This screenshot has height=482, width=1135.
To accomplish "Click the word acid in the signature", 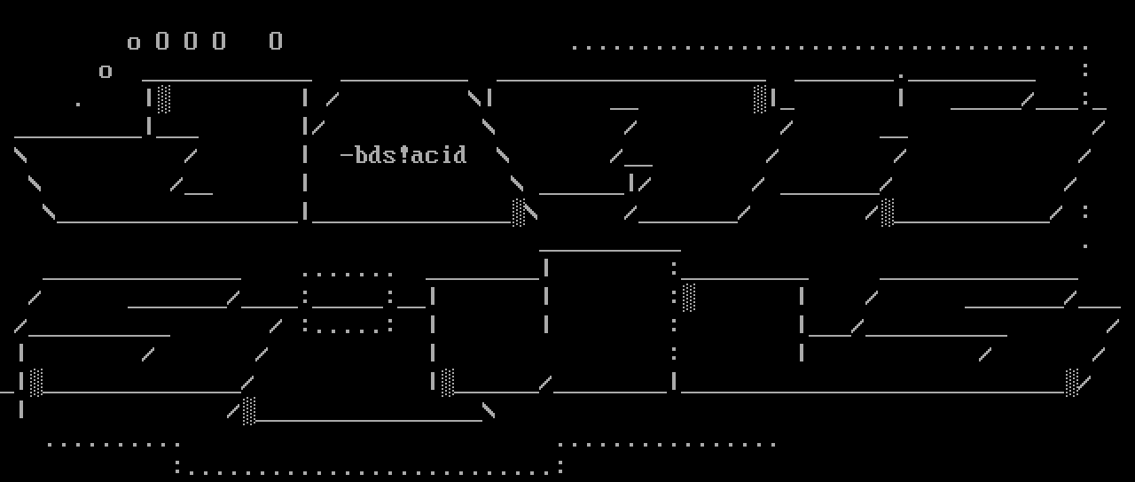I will (x=439, y=156).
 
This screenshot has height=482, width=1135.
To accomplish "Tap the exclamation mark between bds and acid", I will (x=404, y=156).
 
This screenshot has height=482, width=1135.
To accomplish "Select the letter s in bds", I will (x=390, y=156).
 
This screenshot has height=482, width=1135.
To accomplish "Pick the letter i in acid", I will (x=446, y=156).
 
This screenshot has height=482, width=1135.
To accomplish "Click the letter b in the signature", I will (x=361, y=156).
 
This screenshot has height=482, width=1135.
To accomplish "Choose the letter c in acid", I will (x=432, y=156).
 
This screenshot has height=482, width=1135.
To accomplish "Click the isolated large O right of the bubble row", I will (x=276, y=41).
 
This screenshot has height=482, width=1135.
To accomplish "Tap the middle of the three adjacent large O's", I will (x=191, y=41).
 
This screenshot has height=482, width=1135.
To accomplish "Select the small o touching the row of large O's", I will (x=134, y=43).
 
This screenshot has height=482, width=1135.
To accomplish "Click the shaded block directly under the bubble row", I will (x=163, y=97).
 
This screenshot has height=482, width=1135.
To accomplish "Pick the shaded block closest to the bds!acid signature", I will (x=518, y=212).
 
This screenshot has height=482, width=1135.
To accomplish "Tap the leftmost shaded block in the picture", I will (x=35, y=382).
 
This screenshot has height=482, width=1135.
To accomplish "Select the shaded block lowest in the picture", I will (x=249, y=410).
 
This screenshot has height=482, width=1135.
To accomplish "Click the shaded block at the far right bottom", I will (x=1072, y=382).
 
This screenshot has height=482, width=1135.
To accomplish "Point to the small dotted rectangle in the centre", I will (x=348, y=301).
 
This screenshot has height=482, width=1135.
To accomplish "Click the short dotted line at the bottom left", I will (x=113, y=444).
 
